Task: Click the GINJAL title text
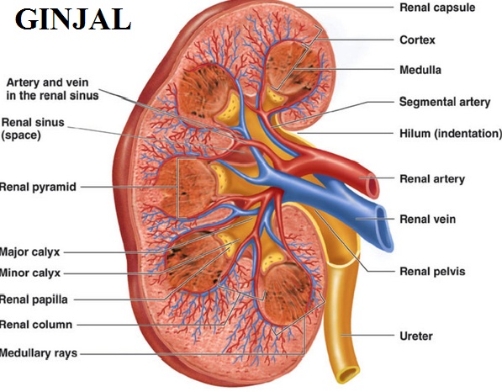point(73,19)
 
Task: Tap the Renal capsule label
point(437,8)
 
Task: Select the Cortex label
point(417,40)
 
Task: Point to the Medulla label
point(420,70)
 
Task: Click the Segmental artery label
point(445,102)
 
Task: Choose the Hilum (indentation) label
point(451,133)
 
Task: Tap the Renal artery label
point(432,178)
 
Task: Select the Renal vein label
point(428,219)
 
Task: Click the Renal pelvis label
point(432,271)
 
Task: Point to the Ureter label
point(416,336)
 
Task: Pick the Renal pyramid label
point(38,187)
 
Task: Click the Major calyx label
point(29,252)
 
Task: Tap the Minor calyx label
point(30,273)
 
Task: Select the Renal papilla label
point(34,299)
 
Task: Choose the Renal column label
point(36,325)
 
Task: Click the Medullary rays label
point(39,353)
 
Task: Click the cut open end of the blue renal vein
point(384,229)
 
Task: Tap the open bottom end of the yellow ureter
point(347,374)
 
